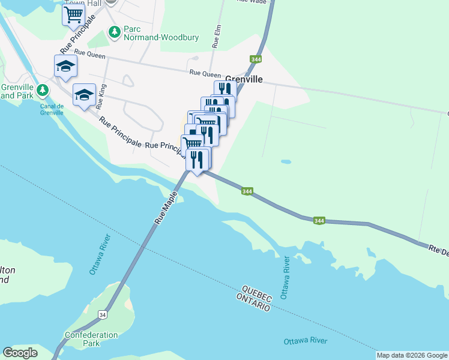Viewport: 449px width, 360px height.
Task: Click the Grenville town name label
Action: click(x=244, y=79)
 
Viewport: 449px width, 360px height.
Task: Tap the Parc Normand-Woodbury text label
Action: click(x=152, y=33)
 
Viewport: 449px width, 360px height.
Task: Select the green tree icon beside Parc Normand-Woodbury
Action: click(x=113, y=32)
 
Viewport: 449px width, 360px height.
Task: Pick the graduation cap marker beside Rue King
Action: click(x=85, y=94)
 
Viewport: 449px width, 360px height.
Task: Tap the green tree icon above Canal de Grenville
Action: click(x=42, y=91)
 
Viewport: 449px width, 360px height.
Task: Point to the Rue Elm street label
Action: click(x=217, y=36)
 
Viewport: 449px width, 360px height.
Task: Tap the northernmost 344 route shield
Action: click(x=256, y=59)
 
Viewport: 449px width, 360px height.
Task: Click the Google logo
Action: click(x=20, y=353)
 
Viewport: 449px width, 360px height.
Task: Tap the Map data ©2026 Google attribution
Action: click(x=412, y=355)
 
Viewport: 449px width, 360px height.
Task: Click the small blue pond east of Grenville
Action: click(x=286, y=161)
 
